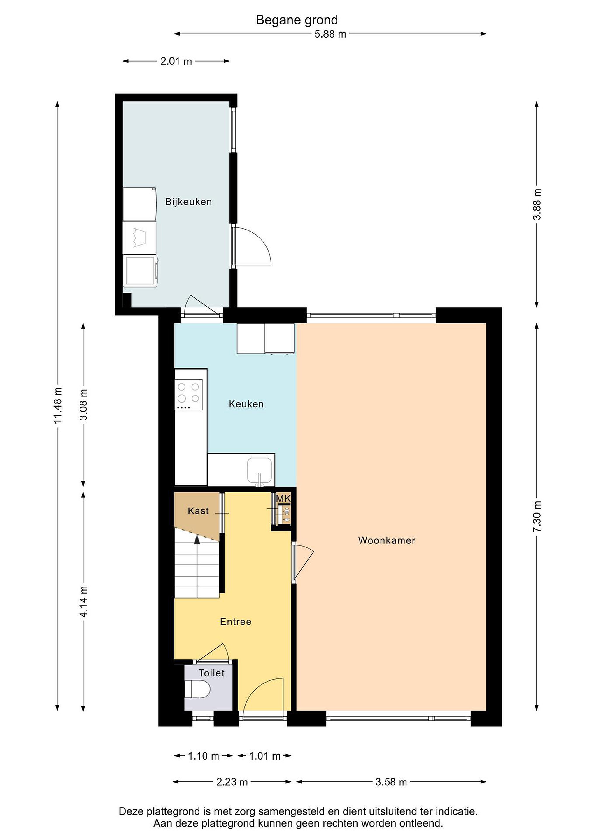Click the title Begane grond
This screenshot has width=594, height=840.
tap(297, 20)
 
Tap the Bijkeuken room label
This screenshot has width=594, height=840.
tap(188, 202)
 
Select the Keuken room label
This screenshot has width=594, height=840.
tap(246, 404)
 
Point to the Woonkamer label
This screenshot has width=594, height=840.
tap(387, 540)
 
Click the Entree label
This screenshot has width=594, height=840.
tap(236, 622)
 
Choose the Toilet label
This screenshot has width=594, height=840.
tap(211, 673)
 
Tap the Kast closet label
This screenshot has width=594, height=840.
tap(198, 511)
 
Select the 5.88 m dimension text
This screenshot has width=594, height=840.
tap(330, 34)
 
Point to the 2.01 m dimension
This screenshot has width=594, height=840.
tap(176, 62)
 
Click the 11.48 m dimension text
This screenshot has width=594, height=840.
tap(58, 405)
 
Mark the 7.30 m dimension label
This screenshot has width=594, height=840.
tap(537, 517)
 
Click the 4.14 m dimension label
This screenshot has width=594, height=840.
tap(84, 601)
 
